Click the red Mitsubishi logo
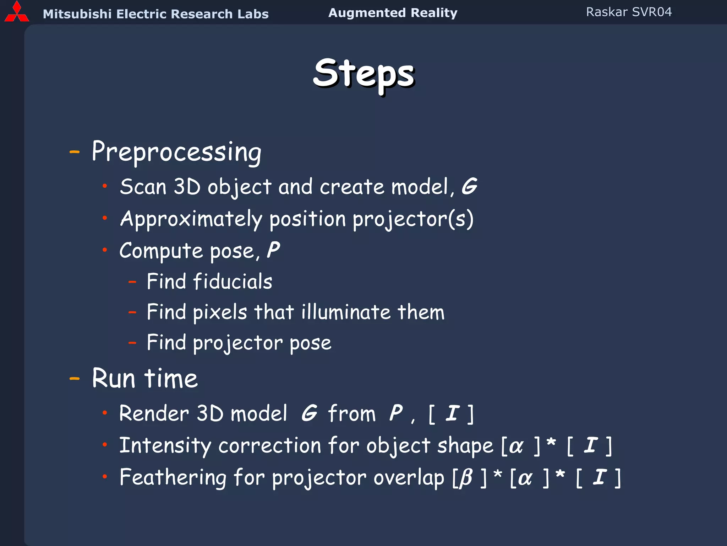click(16, 12)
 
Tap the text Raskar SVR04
click(629, 12)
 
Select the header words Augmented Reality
click(393, 13)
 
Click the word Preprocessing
click(176, 152)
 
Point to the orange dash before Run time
click(75, 379)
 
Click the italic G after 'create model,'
click(469, 186)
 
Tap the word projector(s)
click(413, 219)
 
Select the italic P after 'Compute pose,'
click(273, 250)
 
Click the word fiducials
click(233, 282)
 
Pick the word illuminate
click(346, 312)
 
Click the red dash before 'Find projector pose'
click(132, 343)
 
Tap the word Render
click(154, 413)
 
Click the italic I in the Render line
click(452, 413)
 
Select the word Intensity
click(165, 446)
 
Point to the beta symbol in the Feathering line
click(466, 478)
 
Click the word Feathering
click(173, 477)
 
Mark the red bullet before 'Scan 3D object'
click(105, 186)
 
